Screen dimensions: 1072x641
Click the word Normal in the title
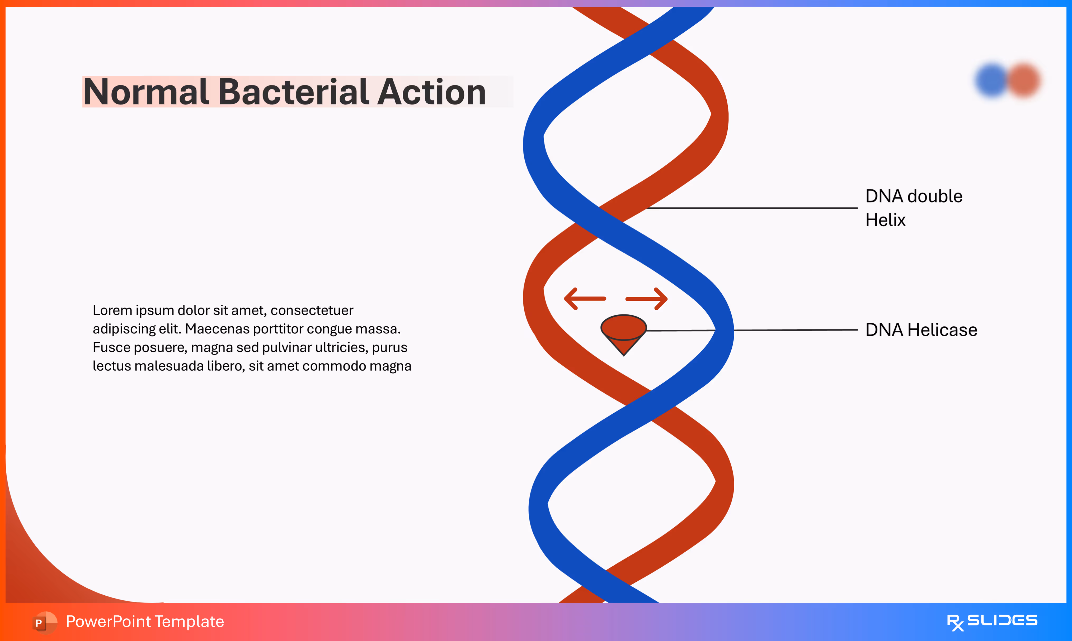click(146, 92)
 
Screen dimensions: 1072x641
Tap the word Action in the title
click(431, 92)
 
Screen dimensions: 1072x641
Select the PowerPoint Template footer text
click(145, 621)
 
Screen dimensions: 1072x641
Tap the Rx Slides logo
click(992, 621)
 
